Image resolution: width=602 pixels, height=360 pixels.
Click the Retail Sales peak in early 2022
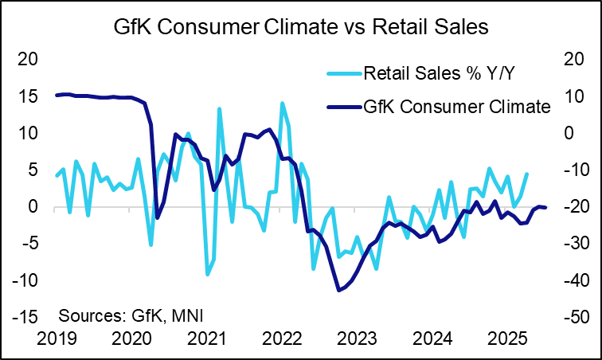[282, 104]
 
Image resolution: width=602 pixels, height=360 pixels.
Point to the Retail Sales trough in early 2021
[208, 274]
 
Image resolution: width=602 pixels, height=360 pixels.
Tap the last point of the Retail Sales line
[526, 174]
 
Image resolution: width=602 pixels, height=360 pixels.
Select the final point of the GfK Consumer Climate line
[545, 208]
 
